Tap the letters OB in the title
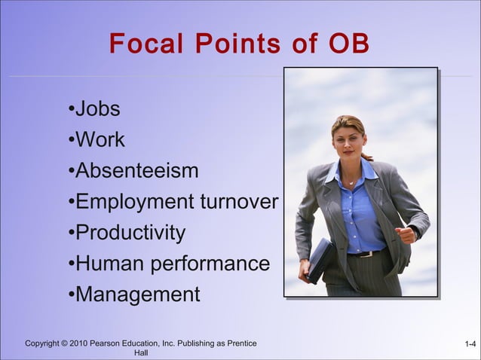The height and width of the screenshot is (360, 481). click(x=349, y=44)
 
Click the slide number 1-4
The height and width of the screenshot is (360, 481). click(x=470, y=344)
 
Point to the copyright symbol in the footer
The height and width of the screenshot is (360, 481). click(x=64, y=344)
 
